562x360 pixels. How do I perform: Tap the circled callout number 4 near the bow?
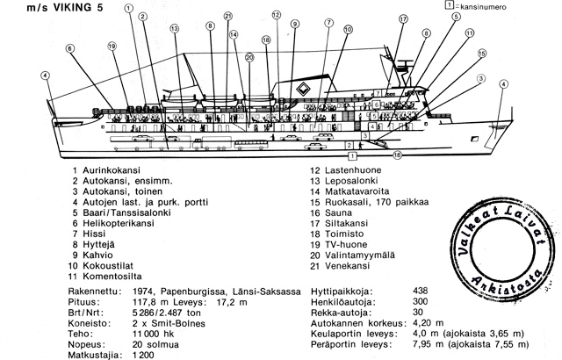pos(503,85)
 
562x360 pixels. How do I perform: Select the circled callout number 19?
pos(112,47)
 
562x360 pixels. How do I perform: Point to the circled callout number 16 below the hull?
pos(397,155)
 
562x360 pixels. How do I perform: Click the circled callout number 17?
pos(404,18)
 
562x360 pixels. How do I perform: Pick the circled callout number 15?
pos(482,53)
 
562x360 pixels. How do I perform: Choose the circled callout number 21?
pos(227,16)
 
